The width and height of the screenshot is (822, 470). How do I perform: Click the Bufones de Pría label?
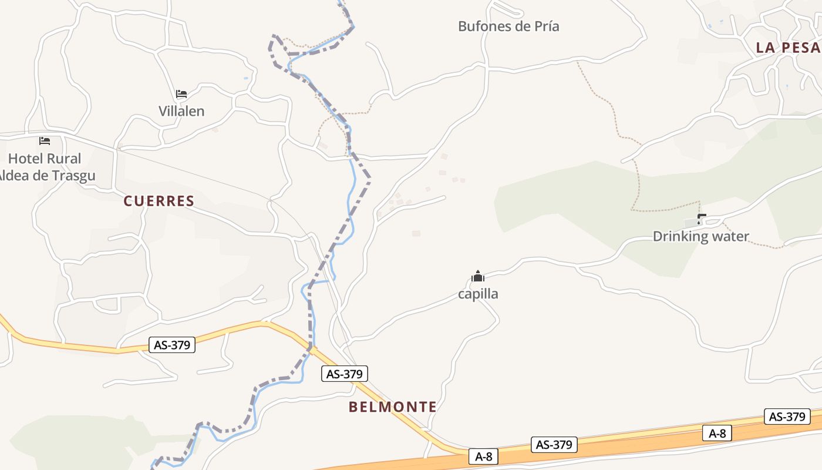[508, 26]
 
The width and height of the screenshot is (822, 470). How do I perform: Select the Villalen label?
[181, 111]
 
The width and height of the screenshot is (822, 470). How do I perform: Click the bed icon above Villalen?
[181, 94]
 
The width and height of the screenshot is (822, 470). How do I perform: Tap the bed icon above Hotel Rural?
[45, 141]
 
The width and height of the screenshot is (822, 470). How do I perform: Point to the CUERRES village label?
[159, 201]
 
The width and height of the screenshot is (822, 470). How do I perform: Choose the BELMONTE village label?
[392, 407]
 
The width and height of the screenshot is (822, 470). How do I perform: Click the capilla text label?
[478, 294]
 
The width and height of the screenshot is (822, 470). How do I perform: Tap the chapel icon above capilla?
[478, 277]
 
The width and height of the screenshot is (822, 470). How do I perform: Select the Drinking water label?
[700, 237]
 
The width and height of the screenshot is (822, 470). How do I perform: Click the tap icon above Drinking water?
[700, 220]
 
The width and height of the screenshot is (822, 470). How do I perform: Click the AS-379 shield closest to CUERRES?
[172, 345]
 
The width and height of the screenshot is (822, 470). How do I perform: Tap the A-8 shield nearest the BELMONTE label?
[483, 456]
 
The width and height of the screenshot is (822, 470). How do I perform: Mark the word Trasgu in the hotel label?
[74, 176]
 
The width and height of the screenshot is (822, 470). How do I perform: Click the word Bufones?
[482, 26]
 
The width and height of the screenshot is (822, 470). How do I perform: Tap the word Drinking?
[680, 237]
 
